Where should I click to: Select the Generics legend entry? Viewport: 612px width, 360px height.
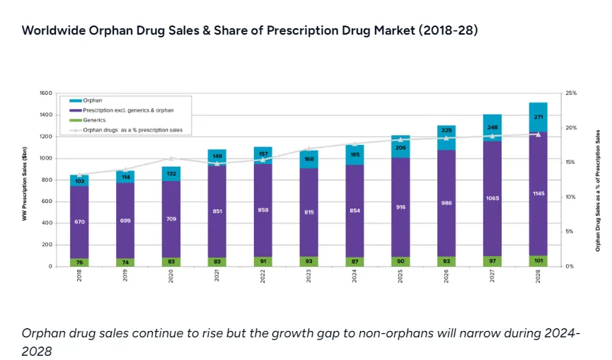[x=93, y=120]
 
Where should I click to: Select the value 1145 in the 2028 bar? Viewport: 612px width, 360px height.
[x=538, y=193]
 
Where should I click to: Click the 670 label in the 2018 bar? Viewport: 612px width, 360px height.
[x=79, y=221]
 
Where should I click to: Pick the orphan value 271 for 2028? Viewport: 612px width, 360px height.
[x=538, y=116]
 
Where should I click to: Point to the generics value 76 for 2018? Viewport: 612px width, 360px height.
[x=79, y=262]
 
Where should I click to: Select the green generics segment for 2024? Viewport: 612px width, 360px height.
[x=354, y=262]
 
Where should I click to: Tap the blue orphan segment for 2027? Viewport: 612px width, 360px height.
[x=492, y=127]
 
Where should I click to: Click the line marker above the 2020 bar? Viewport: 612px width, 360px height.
[x=171, y=158]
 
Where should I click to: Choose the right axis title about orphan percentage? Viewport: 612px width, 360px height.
[x=598, y=190]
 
